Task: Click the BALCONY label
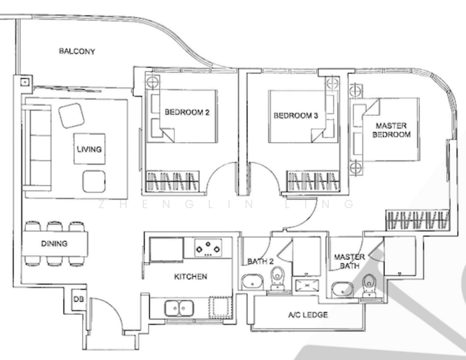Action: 77,51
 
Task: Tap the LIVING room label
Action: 89,149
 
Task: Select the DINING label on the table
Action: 54,244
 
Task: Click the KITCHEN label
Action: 190,277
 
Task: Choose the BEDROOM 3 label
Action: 295,116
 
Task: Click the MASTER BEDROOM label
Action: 391,130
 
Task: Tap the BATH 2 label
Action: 260,262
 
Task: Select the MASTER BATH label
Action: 349,261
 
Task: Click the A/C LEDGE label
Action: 308,314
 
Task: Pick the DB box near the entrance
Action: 77,299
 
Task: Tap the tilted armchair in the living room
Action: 71,114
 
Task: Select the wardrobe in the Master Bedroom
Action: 417,220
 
